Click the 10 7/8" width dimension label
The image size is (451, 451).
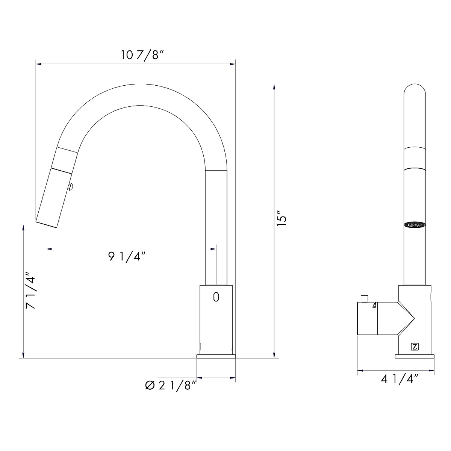142,56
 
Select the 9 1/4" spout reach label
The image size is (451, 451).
127,257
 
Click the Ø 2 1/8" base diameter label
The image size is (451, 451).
170,385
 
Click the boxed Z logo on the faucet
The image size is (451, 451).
415,347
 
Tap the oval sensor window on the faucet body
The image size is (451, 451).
216,297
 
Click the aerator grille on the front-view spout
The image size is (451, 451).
415,224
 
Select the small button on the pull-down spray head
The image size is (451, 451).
70,186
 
